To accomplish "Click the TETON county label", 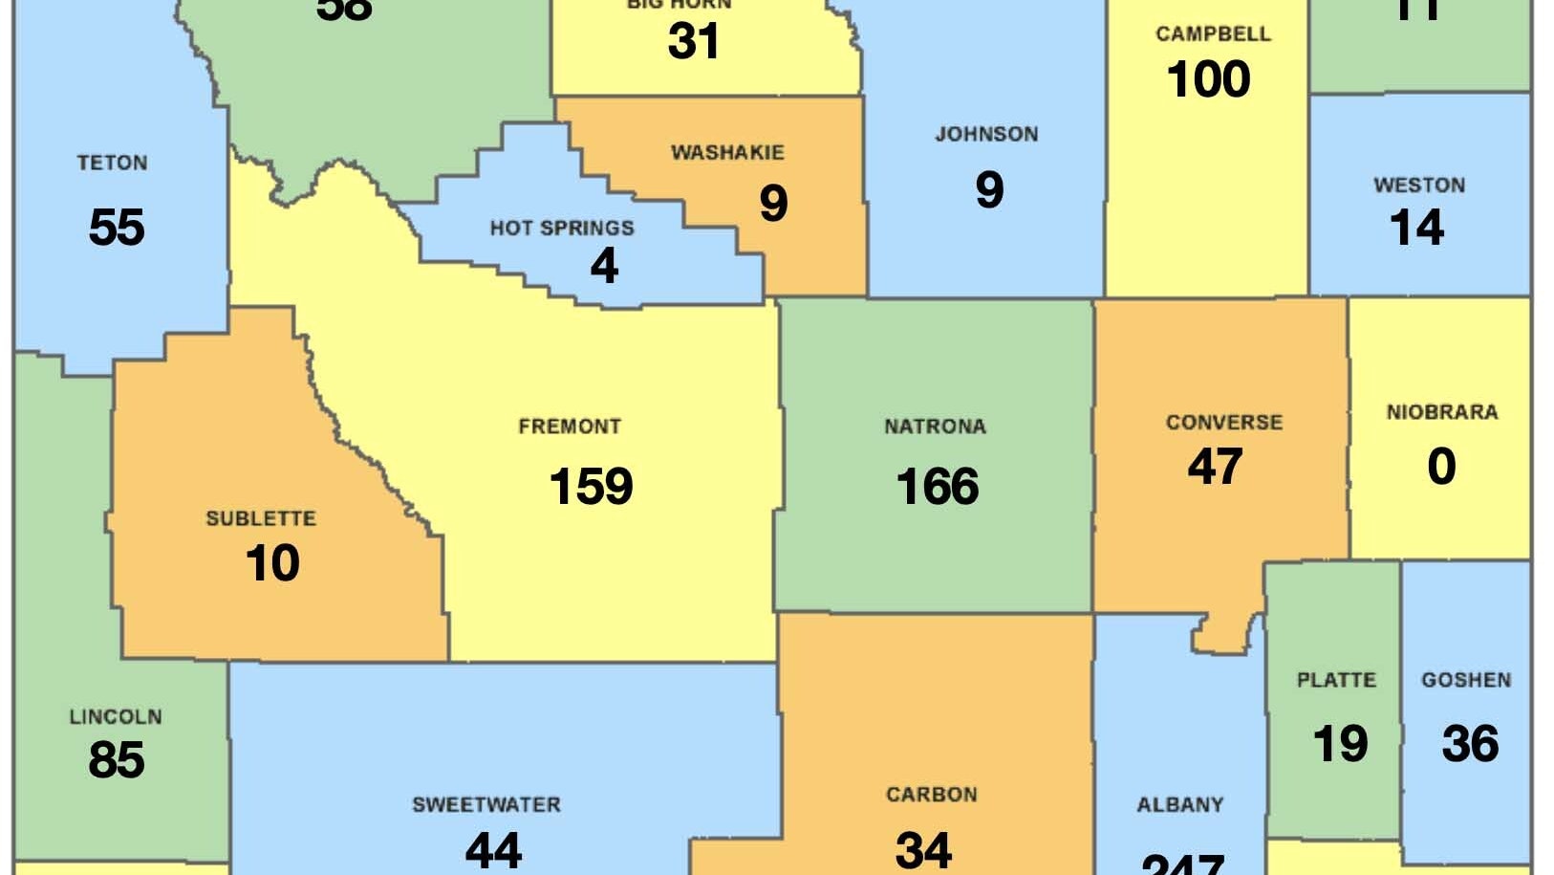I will tap(112, 163).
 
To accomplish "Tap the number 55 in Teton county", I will tap(117, 228).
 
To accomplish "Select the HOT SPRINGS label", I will tap(562, 228).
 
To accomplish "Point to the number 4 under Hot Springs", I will tap(604, 266).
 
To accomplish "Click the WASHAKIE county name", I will tap(727, 152).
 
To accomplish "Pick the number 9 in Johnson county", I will tap(989, 189).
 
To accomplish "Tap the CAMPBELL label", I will tap(1213, 34).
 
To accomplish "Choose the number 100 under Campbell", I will tap(1208, 79).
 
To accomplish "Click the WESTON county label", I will tap(1419, 185).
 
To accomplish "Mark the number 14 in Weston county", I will tap(1416, 228).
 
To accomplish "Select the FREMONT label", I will tap(570, 427).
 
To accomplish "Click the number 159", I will tap(591, 486).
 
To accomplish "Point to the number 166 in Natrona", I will tap(937, 486).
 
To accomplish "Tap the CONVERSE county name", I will tap(1224, 423).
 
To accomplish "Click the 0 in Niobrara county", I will tap(1441, 467).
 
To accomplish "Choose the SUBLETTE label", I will tap(261, 518).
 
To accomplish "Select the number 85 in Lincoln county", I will tap(117, 760).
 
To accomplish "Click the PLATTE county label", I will tap(1336, 680).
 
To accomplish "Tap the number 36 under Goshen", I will tap(1470, 744).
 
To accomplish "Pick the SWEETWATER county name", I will tap(486, 804).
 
